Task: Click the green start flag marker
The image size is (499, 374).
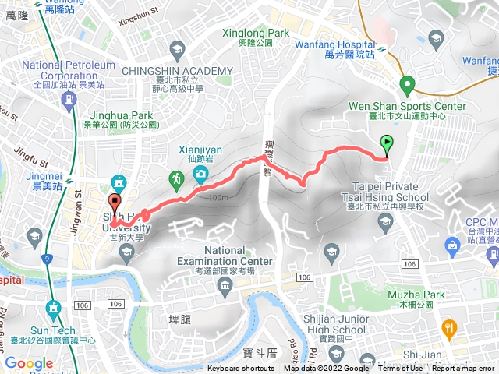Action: point(387,143)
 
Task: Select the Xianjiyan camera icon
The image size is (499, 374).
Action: point(201,173)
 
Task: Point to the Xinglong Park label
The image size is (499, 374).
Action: point(257,34)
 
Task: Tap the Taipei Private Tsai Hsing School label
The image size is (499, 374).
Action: point(386,192)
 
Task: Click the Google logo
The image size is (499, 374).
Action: point(29,363)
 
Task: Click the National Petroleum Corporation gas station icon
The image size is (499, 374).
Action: point(69,99)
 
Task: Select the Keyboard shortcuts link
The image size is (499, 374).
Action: point(241,369)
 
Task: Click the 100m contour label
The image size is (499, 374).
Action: point(219,198)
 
